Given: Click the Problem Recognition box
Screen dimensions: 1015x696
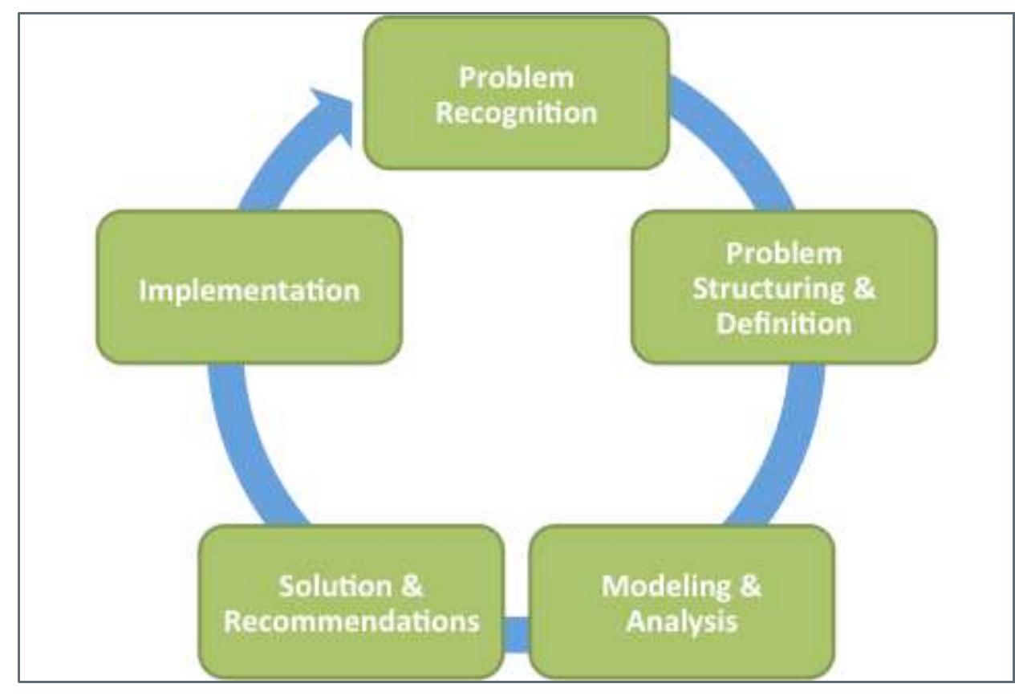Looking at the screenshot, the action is (x=517, y=93).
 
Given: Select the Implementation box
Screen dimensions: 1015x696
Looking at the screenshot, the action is (x=249, y=287).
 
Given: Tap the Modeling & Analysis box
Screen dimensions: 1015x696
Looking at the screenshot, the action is (x=682, y=601).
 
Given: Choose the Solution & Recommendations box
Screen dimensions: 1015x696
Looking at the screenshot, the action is (x=351, y=601).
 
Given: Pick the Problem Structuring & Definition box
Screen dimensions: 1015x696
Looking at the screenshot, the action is (x=784, y=287).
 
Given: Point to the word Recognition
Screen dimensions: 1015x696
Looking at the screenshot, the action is (x=517, y=113).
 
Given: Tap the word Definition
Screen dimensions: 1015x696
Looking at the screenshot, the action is (x=784, y=324).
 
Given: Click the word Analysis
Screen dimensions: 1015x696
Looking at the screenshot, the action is (x=682, y=621).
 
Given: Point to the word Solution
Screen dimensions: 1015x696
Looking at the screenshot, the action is (x=335, y=586).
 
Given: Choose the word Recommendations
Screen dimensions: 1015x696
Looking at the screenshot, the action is (x=351, y=621).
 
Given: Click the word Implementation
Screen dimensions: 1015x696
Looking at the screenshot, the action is (x=250, y=290).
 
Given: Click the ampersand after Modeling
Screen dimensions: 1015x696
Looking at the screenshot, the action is (x=750, y=585).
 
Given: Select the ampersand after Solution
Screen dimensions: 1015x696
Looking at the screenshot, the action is (x=412, y=585).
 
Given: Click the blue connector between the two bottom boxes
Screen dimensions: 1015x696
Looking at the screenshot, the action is (x=517, y=634).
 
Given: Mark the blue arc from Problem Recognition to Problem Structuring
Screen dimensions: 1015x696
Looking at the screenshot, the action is (x=743, y=136).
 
